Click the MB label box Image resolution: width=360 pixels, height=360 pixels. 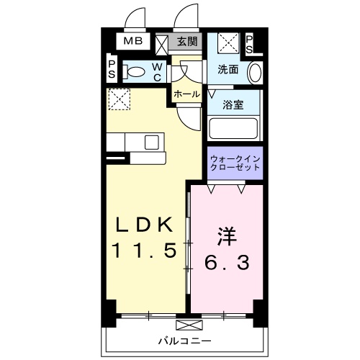[x=131, y=41]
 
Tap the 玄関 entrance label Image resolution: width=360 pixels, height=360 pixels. [x=189, y=41]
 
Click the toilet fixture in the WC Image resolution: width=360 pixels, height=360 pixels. [x=133, y=71]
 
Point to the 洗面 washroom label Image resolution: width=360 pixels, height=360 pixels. [x=228, y=70]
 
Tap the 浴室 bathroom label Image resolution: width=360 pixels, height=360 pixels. [x=233, y=104]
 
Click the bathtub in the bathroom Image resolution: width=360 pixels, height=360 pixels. [x=233, y=130]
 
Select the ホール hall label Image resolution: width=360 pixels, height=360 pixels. [x=186, y=94]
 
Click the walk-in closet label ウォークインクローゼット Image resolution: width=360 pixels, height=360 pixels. [x=233, y=163]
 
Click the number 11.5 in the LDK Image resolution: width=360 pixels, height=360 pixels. [x=144, y=252]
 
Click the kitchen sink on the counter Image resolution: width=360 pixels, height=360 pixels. [x=152, y=141]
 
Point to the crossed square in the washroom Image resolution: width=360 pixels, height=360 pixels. [x=227, y=43]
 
